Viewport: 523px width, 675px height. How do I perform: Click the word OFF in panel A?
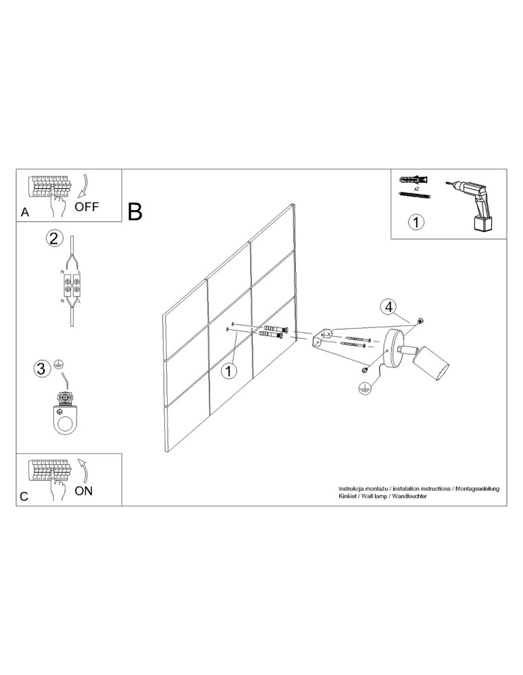click(x=87, y=207)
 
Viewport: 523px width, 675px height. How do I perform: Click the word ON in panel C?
click(x=84, y=491)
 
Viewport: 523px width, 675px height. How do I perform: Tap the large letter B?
click(x=135, y=212)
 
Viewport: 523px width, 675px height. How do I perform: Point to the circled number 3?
click(x=42, y=369)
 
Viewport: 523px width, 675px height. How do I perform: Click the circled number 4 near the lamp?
click(x=389, y=307)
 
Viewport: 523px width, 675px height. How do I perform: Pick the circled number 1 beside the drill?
click(x=416, y=221)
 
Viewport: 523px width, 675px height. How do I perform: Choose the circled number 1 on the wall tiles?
click(x=230, y=371)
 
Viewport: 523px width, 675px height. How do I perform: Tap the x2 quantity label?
click(x=417, y=189)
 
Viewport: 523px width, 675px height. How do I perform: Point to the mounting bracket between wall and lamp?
click(x=322, y=337)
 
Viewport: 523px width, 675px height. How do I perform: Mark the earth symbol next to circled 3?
click(x=58, y=364)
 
